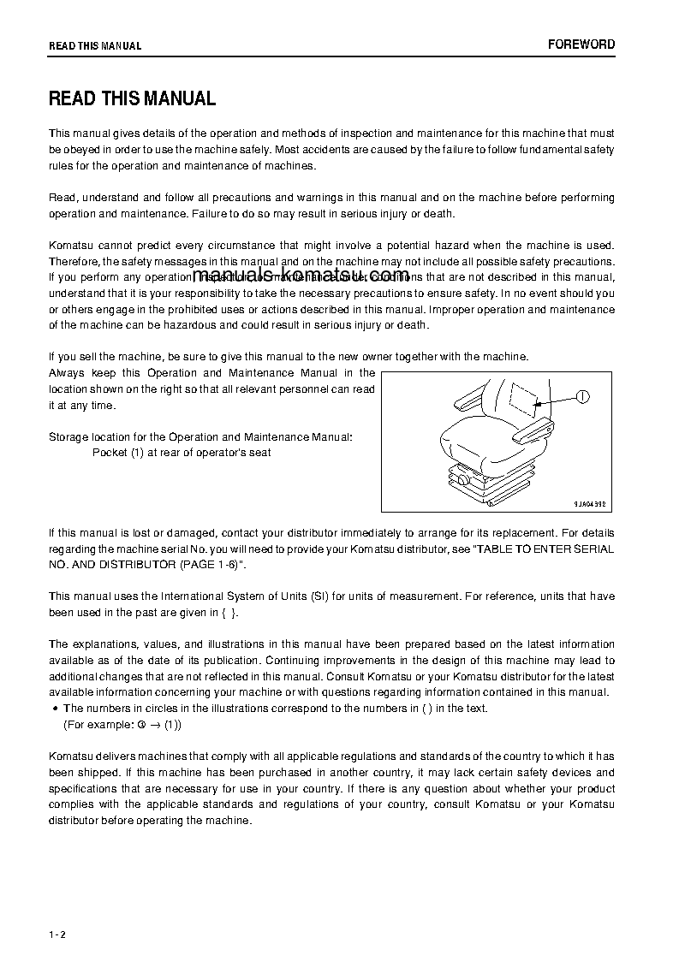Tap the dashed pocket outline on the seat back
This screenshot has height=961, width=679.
pos(522,397)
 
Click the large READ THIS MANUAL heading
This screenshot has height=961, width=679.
pos(132,98)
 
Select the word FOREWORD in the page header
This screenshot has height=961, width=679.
pos(581,44)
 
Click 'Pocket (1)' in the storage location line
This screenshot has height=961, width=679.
pos(118,453)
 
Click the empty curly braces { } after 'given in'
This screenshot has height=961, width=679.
pos(229,613)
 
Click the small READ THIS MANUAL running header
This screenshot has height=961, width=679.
pos(95,46)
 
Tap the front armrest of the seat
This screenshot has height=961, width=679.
pos(533,427)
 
